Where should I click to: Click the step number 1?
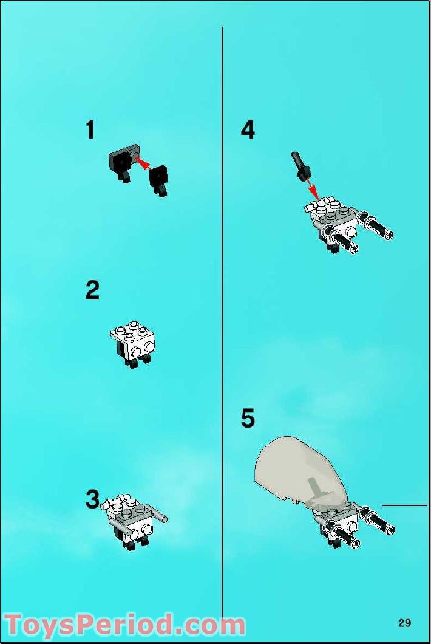point(90,130)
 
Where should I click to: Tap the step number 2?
point(92,290)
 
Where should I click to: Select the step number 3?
point(92,499)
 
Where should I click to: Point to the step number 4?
point(248,130)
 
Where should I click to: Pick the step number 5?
point(248,419)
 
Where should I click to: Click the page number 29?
point(404,622)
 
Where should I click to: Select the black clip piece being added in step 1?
point(159,178)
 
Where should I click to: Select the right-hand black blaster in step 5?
point(378,521)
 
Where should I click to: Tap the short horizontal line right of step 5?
point(404,505)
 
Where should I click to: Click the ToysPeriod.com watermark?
point(124,625)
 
